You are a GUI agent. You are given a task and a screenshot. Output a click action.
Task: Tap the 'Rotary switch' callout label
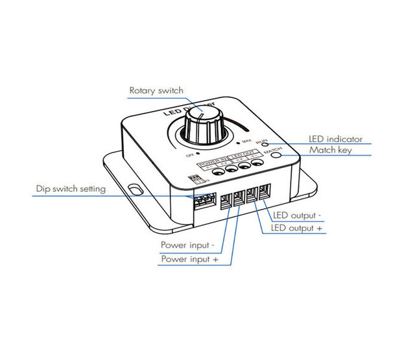[156, 90]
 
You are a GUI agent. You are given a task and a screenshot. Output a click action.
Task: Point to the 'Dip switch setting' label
[71, 189]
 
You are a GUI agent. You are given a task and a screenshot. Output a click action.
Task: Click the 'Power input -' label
[187, 245]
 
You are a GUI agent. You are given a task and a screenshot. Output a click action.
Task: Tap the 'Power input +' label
[188, 259]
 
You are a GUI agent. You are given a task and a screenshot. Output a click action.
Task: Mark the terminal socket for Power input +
[239, 197]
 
